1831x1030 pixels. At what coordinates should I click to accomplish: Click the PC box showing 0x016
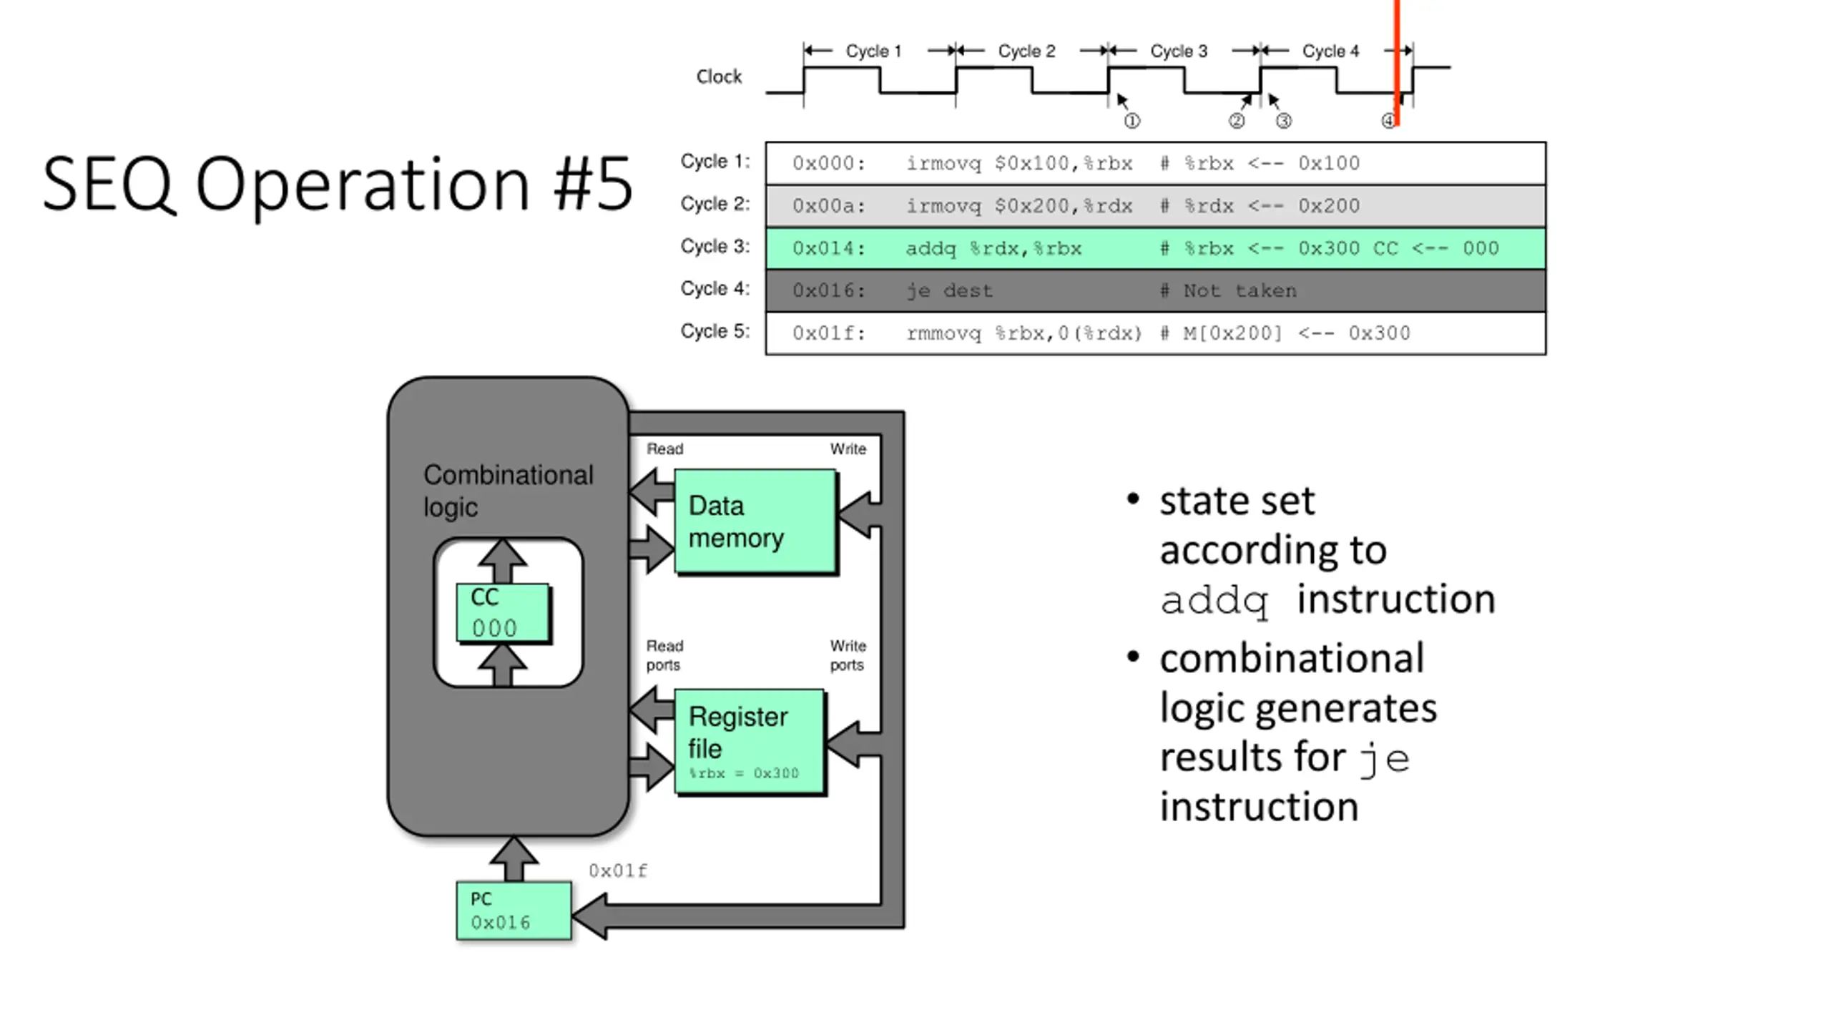(x=514, y=911)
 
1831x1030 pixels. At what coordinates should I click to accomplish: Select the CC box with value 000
(x=503, y=613)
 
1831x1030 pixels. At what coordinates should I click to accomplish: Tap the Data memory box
(x=755, y=521)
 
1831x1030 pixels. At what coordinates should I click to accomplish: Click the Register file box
(x=750, y=741)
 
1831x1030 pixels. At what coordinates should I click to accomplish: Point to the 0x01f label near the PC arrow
(x=618, y=870)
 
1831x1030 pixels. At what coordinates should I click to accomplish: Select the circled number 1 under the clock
(x=1132, y=121)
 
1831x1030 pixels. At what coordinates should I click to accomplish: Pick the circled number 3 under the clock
(x=1284, y=121)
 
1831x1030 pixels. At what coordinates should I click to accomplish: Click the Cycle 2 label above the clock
(x=1026, y=51)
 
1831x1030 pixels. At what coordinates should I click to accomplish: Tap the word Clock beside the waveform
(x=719, y=77)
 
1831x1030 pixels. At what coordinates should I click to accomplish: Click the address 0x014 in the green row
(x=828, y=249)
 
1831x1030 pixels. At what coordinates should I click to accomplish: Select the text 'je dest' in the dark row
(x=949, y=291)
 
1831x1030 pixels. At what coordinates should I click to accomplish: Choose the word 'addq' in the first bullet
(x=1214, y=600)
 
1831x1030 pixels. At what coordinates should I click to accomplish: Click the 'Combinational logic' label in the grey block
(x=508, y=491)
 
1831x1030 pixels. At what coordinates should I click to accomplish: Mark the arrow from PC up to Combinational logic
(x=514, y=858)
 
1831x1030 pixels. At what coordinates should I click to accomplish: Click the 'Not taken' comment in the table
(x=1240, y=291)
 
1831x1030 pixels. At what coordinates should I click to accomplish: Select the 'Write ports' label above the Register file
(x=848, y=655)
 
